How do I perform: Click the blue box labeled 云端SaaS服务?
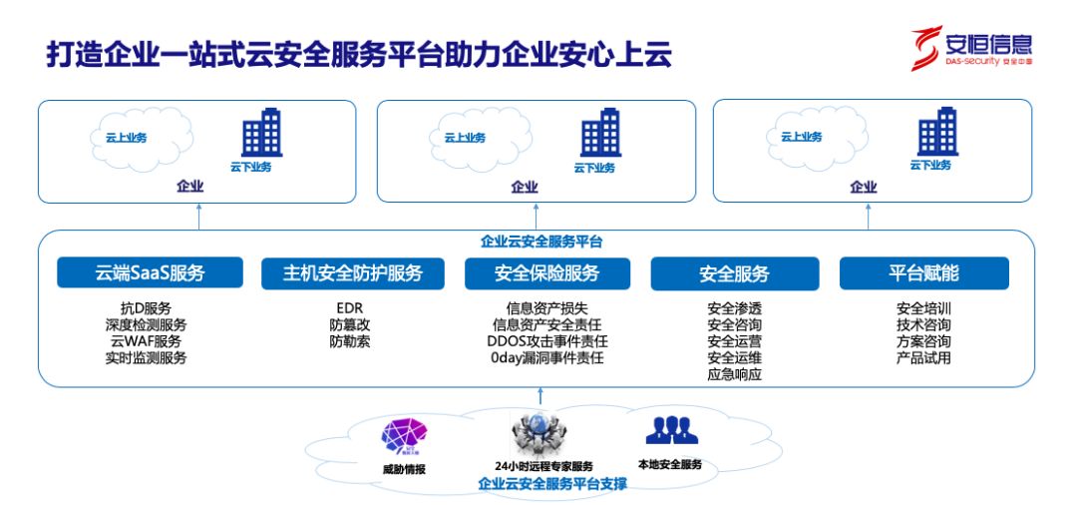pos(150,272)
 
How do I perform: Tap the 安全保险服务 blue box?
pos(546,272)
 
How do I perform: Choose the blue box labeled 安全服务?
pos(734,272)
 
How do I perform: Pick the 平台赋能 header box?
pos(923,272)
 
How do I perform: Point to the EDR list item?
pos(349,308)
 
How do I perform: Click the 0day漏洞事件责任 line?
pos(546,357)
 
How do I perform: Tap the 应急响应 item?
pos(734,374)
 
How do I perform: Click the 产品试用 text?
pos(923,357)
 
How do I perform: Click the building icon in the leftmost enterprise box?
pos(261,133)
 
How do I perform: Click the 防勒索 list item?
pos(349,341)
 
